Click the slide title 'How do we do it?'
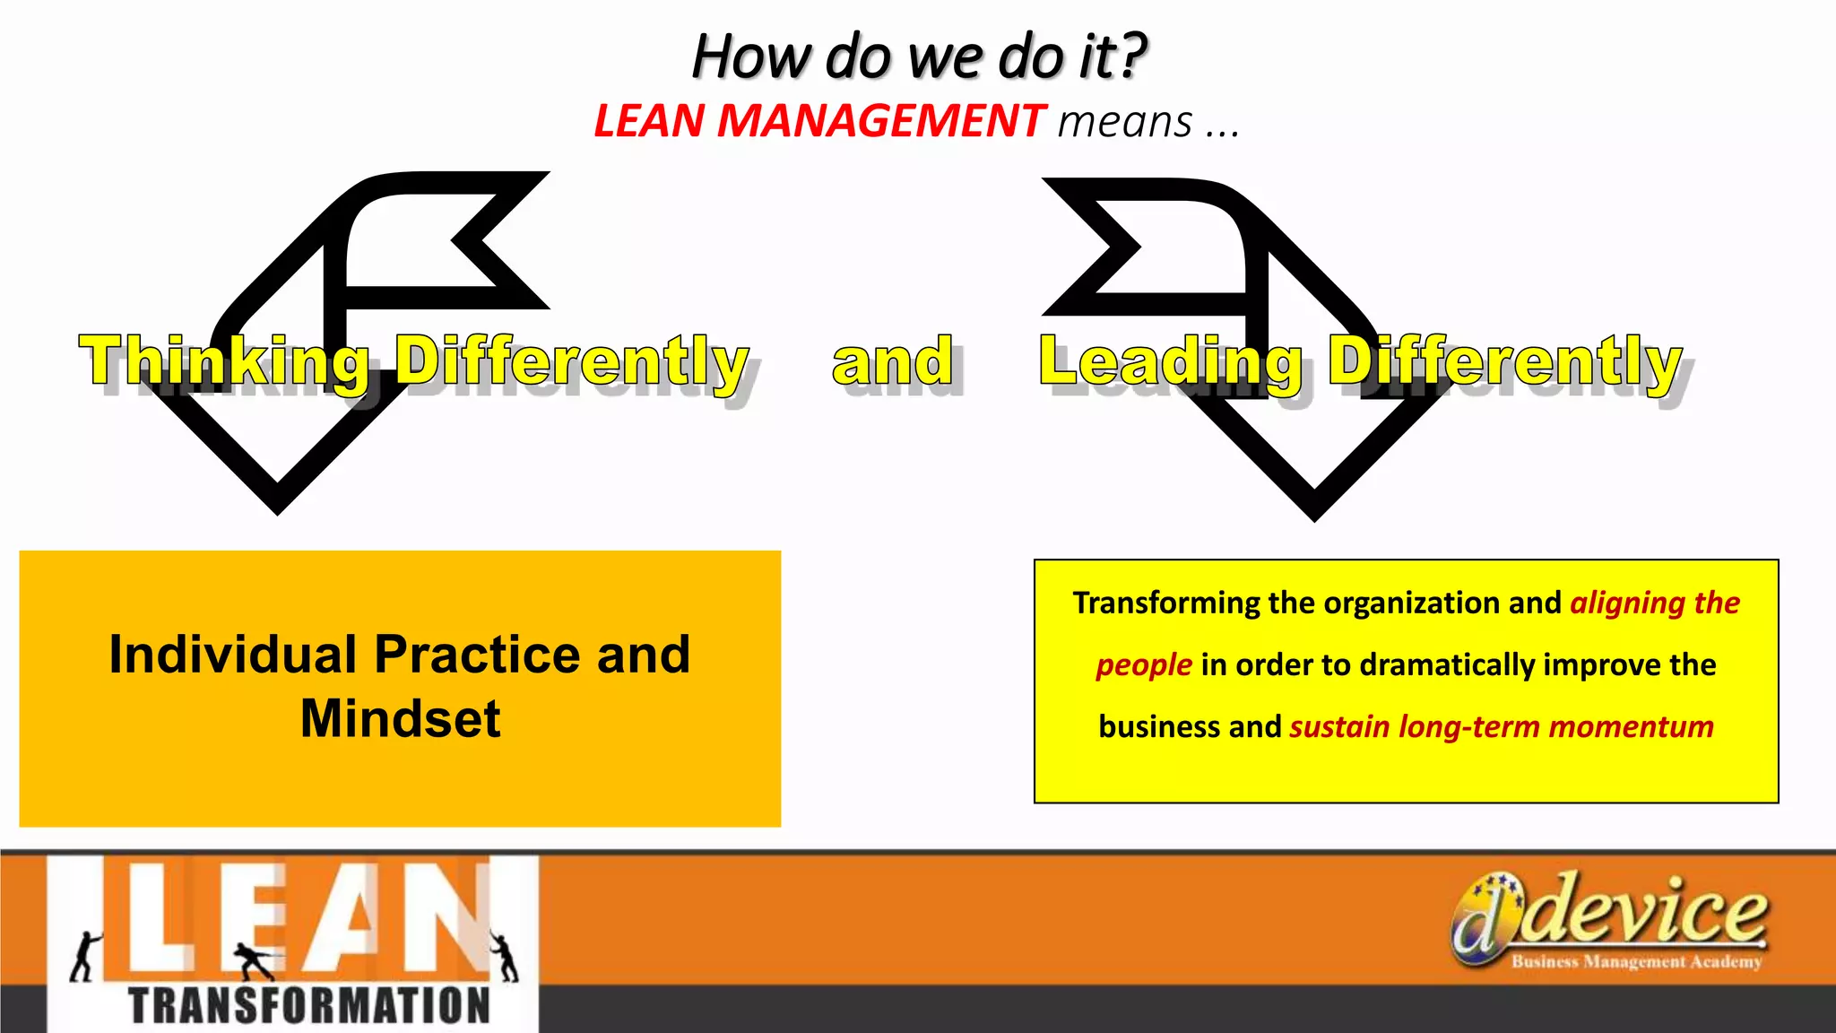[919, 56]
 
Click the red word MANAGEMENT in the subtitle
[880, 121]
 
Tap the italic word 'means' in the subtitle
[1125, 121]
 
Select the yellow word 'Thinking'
[224, 360]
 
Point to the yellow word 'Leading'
[1170, 360]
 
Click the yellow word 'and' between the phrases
[892, 360]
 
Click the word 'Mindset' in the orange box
[400, 718]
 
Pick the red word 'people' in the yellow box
[1143, 664]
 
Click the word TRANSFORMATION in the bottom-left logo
[309, 1005]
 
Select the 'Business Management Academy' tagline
[1636, 962]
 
